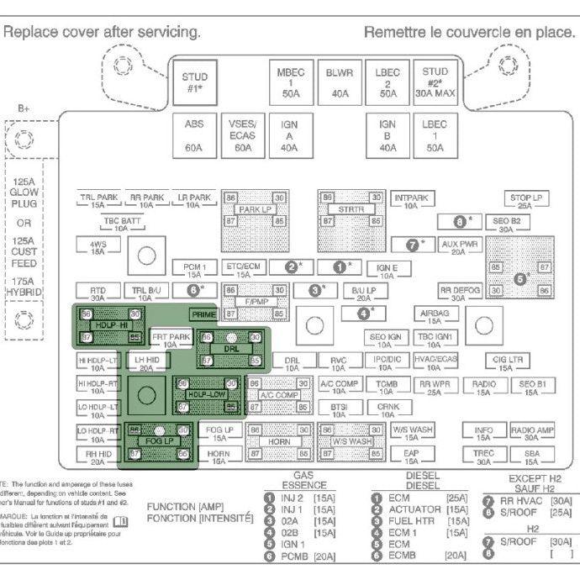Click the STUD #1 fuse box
click(x=194, y=83)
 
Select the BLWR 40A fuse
click(x=339, y=83)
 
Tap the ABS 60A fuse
click(x=194, y=134)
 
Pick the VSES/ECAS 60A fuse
click(x=243, y=134)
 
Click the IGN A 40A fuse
click(x=289, y=134)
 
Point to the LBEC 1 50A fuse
click(x=435, y=134)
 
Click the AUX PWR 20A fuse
click(x=459, y=247)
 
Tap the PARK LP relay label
click(x=254, y=209)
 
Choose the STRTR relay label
click(x=351, y=209)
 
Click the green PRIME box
click(x=203, y=314)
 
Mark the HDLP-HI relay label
click(x=110, y=325)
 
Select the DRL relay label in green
click(x=231, y=348)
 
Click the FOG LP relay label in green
click(x=157, y=440)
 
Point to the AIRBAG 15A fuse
click(x=435, y=315)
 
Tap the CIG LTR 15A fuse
click(x=509, y=361)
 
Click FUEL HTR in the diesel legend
click(x=411, y=521)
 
